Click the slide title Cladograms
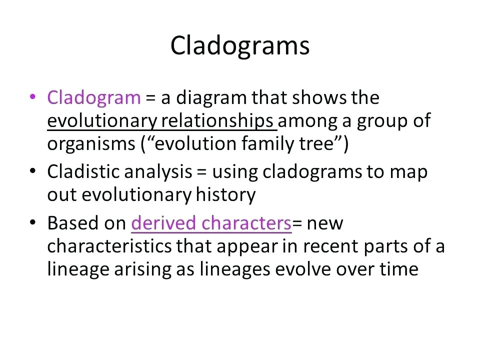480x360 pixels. click(x=239, y=46)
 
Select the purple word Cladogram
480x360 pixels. click(x=94, y=98)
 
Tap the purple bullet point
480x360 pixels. click(x=32, y=96)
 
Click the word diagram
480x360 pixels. click(x=211, y=98)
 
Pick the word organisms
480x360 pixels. click(x=91, y=144)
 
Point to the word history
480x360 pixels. click(x=225, y=194)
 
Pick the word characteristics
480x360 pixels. click(x=109, y=246)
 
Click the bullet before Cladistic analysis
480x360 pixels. click(x=32, y=170)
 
